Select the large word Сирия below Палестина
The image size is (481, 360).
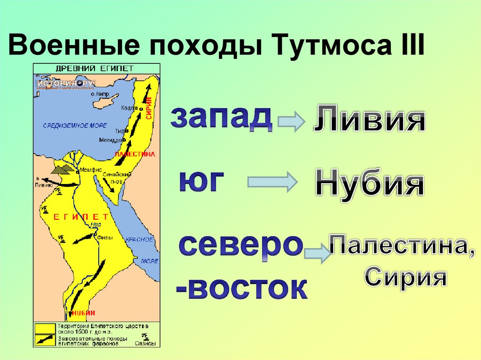(405, 276)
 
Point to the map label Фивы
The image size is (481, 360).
(105, 237)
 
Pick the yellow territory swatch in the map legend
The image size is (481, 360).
(45, 327)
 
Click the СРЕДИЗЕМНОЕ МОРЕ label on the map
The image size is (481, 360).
(75, 126)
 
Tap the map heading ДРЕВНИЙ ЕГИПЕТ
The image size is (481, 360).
(97, 69)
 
